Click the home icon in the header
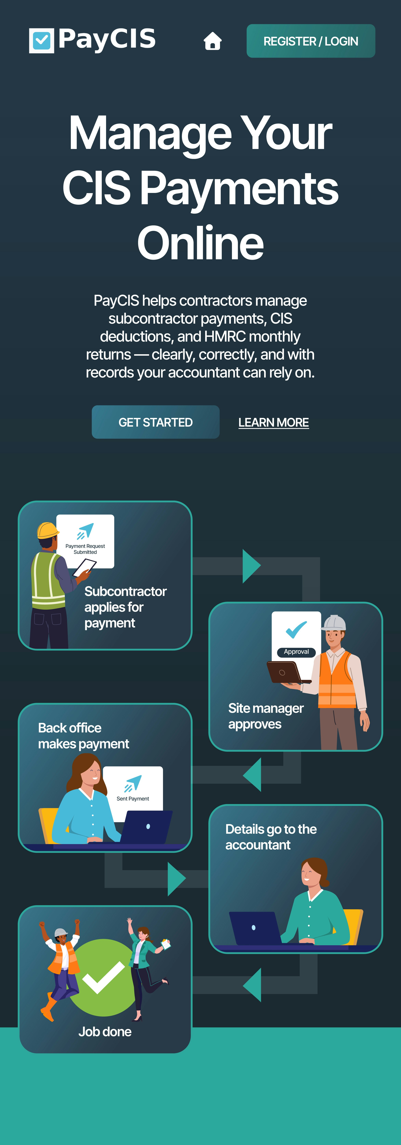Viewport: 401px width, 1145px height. pos(212,41)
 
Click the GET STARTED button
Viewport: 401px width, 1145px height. pos(156,422)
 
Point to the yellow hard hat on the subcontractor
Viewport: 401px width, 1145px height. pos(47,530)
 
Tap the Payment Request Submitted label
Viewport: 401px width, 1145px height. pos(85,549)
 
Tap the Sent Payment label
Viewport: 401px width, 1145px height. pos(132,799)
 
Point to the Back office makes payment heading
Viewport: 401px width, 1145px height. pos(84,736)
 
